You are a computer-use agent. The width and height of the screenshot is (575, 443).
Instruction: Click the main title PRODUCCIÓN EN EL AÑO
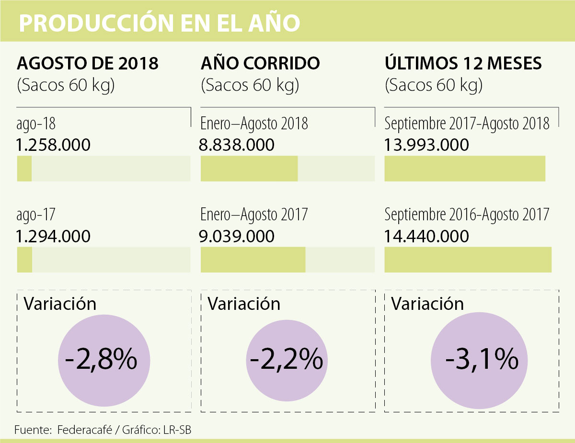pos(160,23)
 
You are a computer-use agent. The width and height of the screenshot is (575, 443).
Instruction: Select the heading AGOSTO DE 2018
pos(88,64)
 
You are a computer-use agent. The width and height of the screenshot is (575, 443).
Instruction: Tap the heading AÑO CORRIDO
pos(260,64)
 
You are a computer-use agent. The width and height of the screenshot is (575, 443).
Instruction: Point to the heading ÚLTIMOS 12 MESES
pos(463,64)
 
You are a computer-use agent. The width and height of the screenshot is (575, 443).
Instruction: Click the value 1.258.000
pos(54,145)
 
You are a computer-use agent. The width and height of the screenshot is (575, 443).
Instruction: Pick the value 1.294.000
pos(54,236)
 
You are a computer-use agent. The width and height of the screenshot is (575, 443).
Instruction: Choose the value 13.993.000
pos(426,145)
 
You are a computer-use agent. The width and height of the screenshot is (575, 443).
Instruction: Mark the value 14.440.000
pos(426,236)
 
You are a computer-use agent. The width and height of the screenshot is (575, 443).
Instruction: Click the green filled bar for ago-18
pos(24,169)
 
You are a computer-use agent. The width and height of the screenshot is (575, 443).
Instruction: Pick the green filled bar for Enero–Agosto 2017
pos(253,260)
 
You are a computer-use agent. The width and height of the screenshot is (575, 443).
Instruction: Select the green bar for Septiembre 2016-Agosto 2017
pos(468,260)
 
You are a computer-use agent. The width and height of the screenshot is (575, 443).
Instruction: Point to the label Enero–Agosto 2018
pos(254,124)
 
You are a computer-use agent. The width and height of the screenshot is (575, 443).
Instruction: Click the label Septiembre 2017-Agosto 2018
pos(467,124)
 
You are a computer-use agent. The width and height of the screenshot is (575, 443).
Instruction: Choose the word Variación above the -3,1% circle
pos(427,304)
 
